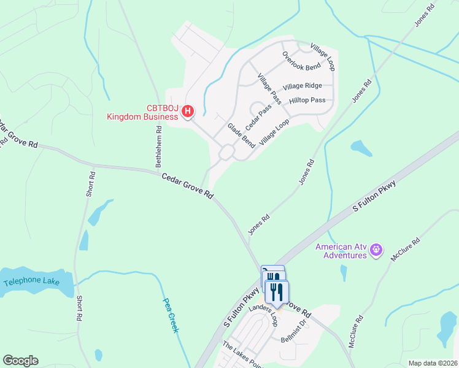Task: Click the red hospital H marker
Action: [x=188, y=112]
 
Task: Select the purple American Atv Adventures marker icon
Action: [x=377, y=250]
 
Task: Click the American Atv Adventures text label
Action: [x=341, y=251]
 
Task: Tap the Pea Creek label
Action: [x=171, y=315]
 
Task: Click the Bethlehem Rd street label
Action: [x=158, y=147]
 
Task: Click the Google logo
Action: [x=20, y=361]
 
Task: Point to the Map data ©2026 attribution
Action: [x=433, y=363]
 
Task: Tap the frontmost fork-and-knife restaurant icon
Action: [x=277, y=293]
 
